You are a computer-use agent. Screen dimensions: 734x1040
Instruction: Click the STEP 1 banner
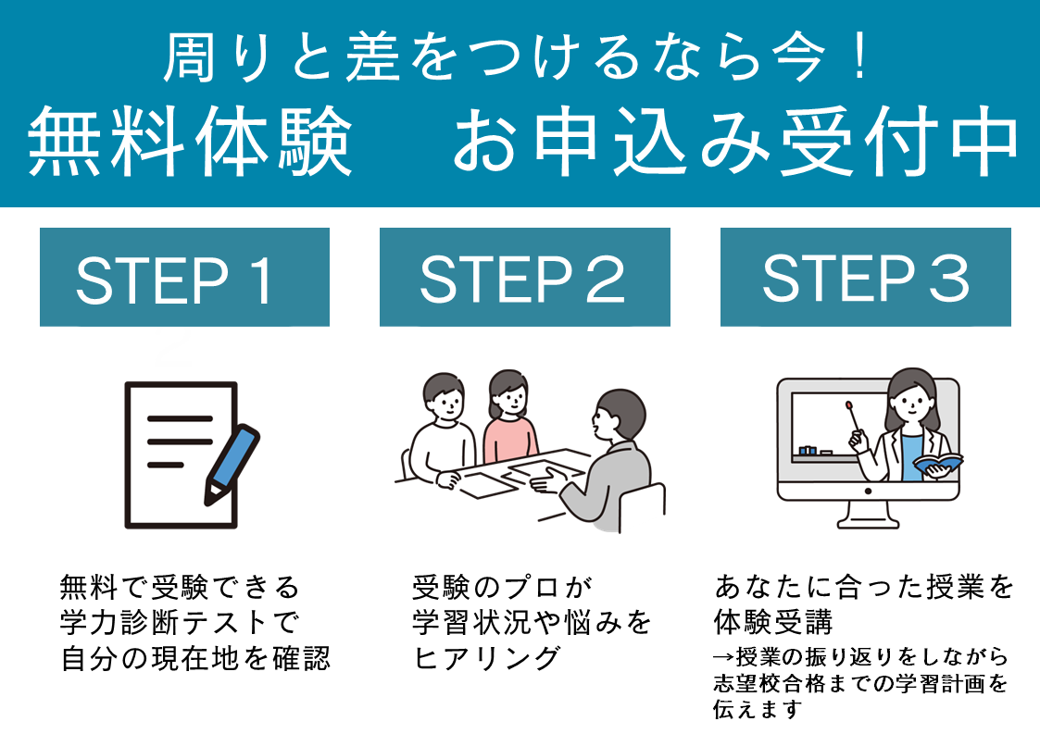(x=184, y=278)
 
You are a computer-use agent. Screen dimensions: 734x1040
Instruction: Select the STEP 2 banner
(x=524, y=278)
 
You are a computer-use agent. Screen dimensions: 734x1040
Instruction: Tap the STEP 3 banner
(x=865, y=278)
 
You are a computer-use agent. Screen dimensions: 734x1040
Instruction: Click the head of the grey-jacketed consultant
(x=618, y=416)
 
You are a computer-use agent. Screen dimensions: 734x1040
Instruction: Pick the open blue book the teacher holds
(x=937, y=462)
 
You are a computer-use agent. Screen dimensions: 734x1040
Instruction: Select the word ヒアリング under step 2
(x=486, y=658)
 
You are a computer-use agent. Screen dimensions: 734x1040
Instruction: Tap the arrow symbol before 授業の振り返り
(x=722, y=657)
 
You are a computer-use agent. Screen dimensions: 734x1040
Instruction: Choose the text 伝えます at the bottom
(x=758, y=710)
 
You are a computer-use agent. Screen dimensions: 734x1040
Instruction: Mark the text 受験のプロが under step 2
(x=501, y=588)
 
